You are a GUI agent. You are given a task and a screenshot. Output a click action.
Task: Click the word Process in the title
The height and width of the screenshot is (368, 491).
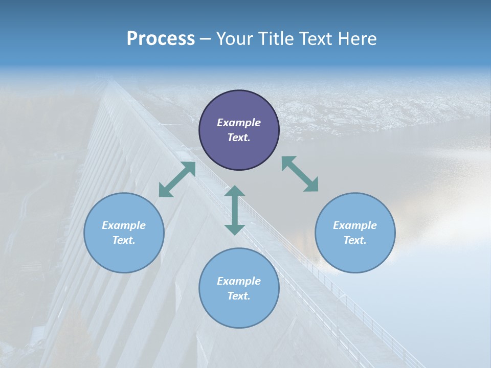tap(161, 39)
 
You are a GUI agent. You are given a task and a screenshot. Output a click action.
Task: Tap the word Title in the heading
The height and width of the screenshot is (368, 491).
tap(277, 39)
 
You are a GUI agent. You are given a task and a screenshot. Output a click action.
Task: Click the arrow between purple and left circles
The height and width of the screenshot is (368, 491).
tap(177, 179)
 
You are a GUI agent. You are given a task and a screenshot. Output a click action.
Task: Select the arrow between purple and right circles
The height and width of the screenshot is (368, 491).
tap(300, 174)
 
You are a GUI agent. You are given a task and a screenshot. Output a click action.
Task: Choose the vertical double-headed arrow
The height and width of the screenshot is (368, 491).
tap(235, 210)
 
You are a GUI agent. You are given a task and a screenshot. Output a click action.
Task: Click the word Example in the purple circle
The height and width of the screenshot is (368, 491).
tap(239, 123)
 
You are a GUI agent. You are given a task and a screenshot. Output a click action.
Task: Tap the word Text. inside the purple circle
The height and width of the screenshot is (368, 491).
tap(239, 137)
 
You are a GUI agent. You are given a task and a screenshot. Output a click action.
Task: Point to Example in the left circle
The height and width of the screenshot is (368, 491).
tap(124, 225)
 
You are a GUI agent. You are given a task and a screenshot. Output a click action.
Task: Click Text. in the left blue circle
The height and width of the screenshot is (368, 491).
tap(124, 240)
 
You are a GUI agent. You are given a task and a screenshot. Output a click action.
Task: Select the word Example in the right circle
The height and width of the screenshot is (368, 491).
tap(355, 225)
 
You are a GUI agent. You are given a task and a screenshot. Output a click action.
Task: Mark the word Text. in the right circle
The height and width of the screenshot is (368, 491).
tap(355, 240)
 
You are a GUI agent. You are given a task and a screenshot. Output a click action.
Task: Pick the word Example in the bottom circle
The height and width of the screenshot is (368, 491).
tap(239, 281)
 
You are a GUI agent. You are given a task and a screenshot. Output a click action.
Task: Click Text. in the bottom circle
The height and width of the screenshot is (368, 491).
tap(239, 296)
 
